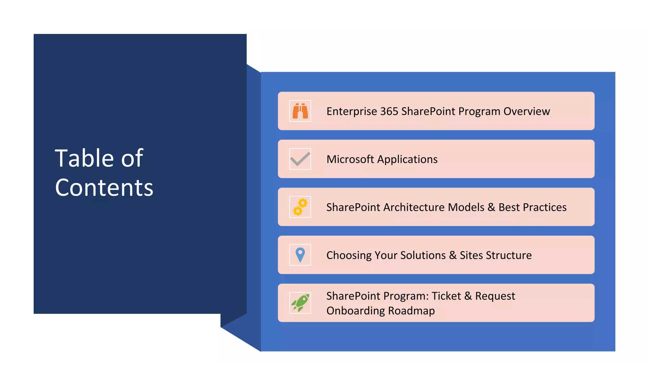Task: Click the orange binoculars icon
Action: click(300, 111)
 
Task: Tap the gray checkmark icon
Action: click(300, 159)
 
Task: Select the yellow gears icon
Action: click(300, 207)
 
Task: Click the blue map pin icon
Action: click(300, 255)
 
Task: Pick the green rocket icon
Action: click(300, 303)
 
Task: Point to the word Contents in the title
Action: click(104, 188)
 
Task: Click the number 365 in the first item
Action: click(389, 112)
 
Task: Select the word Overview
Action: click(526, 112)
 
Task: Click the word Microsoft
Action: click(350, 159)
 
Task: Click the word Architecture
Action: click(414, 207)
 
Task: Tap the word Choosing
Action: click(349, 255)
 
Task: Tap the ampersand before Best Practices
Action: click(491, 207)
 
